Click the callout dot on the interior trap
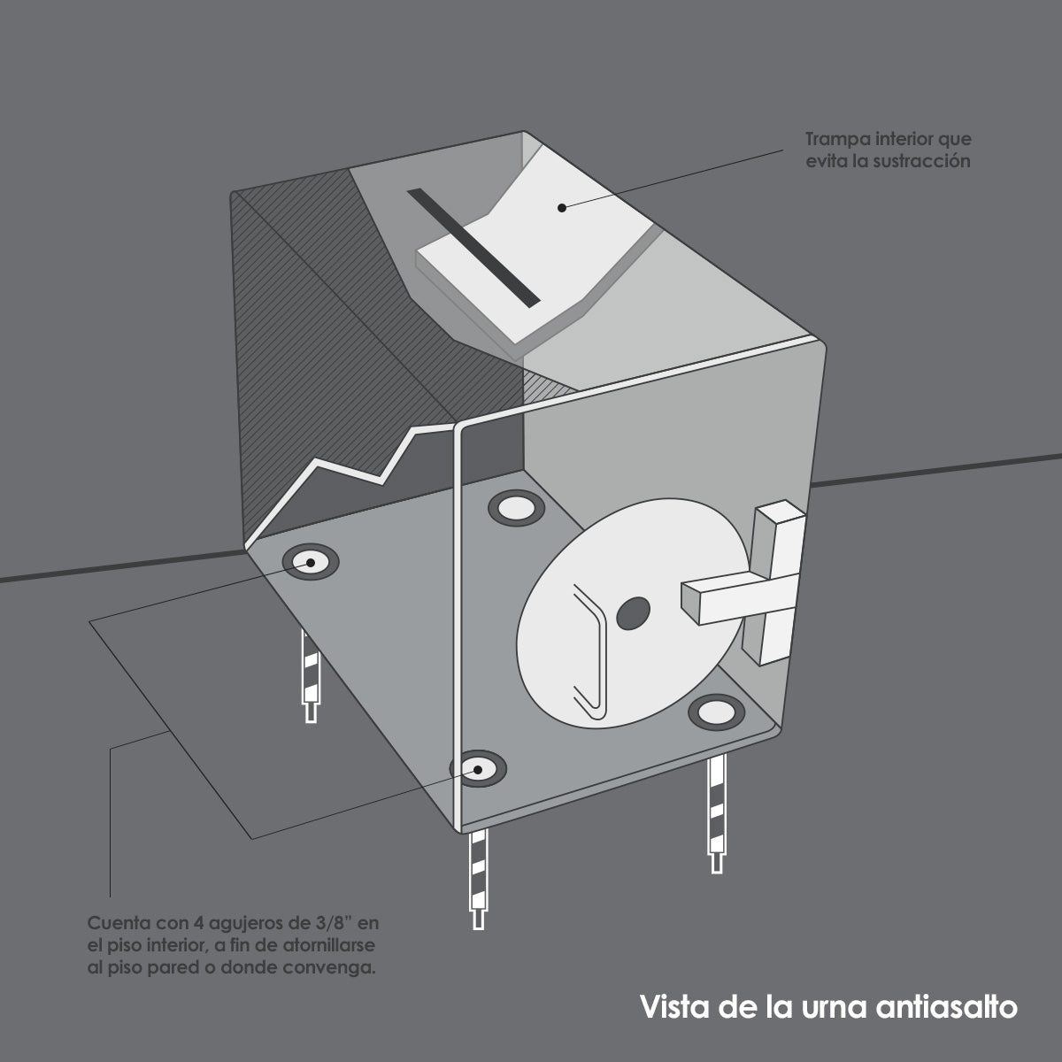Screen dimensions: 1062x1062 pyautogui.click(x=561, y=207)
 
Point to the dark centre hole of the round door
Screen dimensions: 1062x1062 pyautogui.click(x=632, y=612)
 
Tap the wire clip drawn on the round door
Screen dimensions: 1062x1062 pyautogui.click(x=590, y=650)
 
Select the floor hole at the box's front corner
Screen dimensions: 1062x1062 pyautogui.click(x=478, y=768)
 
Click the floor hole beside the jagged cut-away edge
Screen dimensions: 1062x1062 pyautogui.click(x=310, y=561)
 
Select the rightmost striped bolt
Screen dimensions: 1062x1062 pyautogui.click(x=717, y=810)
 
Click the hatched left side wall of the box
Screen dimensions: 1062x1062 pyautogui.click(x=292, y=354)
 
